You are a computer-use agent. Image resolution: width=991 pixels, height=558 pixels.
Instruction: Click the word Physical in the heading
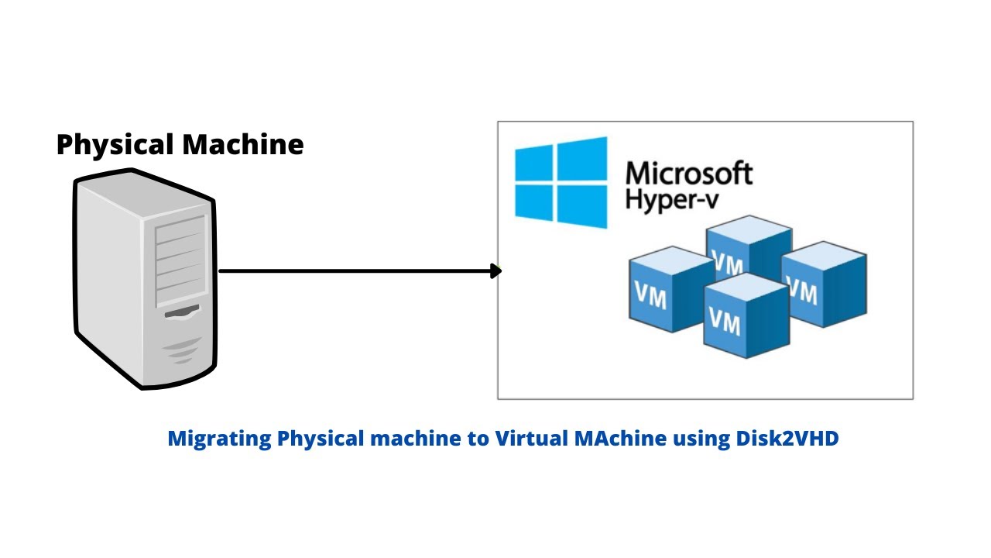(x=115, y=145)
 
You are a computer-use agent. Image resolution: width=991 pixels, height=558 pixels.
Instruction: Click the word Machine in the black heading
(x=242, y=145)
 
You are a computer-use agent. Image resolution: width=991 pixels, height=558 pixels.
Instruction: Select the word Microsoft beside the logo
(x=688, y=173)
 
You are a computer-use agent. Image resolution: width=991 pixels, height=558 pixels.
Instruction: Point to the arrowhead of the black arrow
(x=496, y=271)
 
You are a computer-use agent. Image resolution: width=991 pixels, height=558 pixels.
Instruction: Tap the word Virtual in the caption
(x=532, y=439)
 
